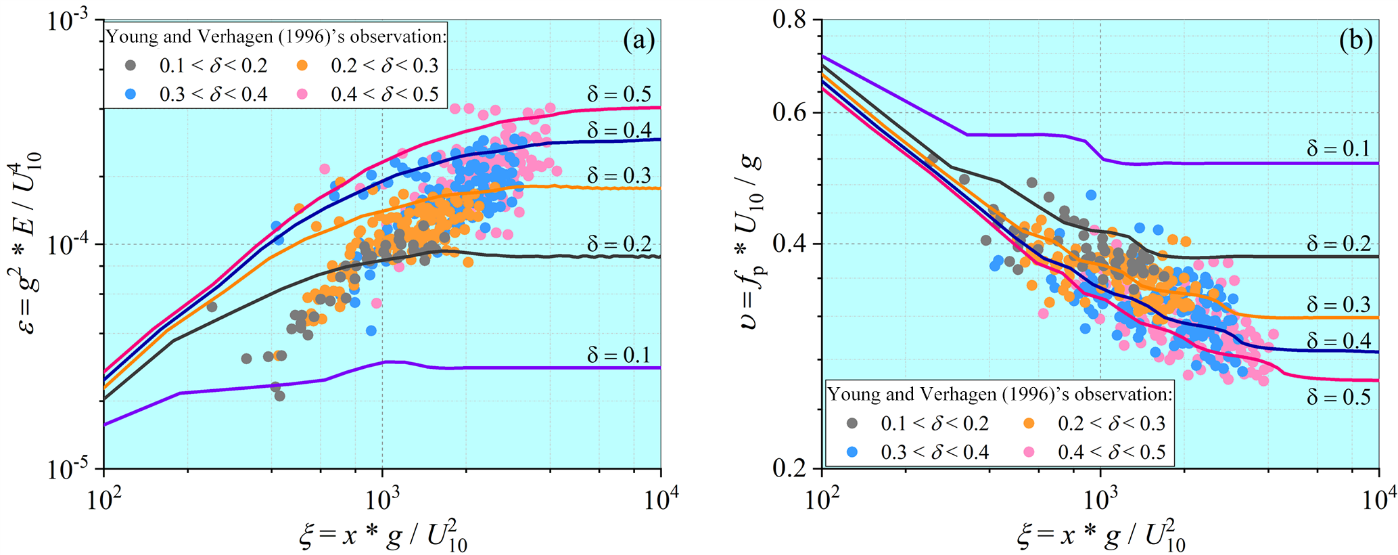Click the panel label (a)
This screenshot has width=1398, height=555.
point(638,42)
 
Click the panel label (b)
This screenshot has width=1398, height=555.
point(1355,42)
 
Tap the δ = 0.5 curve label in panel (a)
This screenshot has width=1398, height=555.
point(619,94)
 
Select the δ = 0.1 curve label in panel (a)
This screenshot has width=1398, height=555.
point(619,355)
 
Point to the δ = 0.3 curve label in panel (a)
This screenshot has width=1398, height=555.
point(619,175)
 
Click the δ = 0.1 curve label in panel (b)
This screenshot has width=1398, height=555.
point(1338,148)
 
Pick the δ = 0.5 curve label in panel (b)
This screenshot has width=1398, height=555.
point(1338,397)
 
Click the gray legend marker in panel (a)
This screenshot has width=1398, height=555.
point(131,66)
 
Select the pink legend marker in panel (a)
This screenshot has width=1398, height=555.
point(302,94)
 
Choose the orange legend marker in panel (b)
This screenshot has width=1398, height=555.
point(1029,423)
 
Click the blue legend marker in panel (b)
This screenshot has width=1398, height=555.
point(852,451)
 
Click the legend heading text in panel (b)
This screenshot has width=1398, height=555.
point(1000,394)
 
